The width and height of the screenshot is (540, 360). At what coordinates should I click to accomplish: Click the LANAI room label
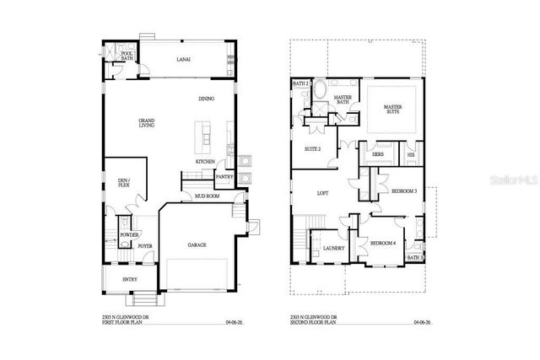(x=182, y=60)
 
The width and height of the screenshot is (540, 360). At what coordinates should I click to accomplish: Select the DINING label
(x=206, y=99)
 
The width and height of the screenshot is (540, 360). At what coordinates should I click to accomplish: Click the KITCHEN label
(x=205, y=161)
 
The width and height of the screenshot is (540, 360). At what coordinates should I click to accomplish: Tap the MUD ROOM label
(x=207, y=196)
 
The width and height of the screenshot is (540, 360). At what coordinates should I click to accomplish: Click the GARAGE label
(x=197, y=245)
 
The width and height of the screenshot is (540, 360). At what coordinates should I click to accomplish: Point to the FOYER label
(x=145, y=246)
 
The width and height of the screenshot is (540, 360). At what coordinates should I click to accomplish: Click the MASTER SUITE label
(x=392, y=110)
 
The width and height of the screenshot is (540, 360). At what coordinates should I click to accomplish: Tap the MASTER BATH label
(x=343, y=100)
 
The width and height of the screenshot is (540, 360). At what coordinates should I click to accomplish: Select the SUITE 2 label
(x=313, y=149)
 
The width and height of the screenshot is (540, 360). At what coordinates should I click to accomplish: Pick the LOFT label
(x=322, y=192)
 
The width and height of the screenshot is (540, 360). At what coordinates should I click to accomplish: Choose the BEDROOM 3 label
(x=404, y=191)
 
